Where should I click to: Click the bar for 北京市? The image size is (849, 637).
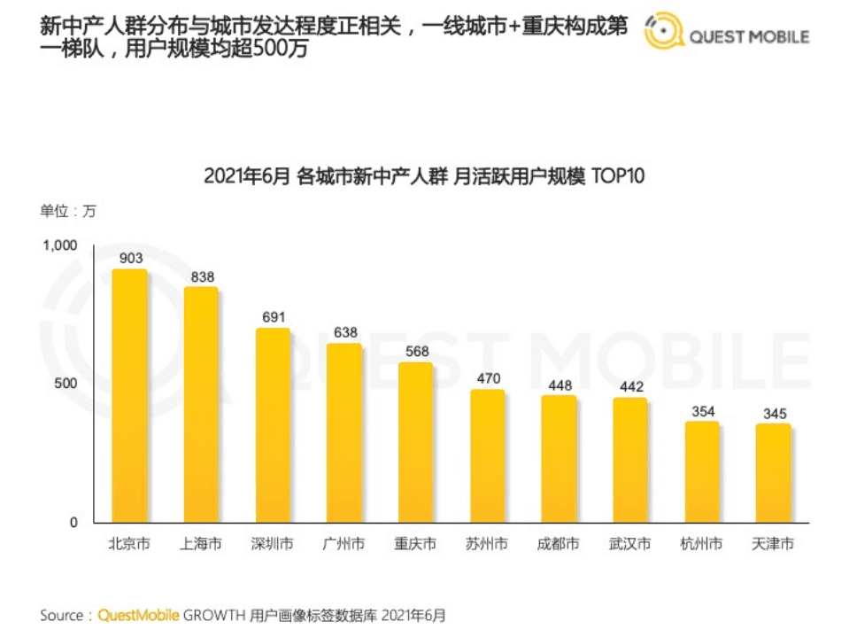click(x=129, y=396)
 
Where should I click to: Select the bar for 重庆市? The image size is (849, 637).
click(x=415, y=442)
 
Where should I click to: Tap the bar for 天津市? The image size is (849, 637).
click(x=773, y=473)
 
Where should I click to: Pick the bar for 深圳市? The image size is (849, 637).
click(x=273, y=425)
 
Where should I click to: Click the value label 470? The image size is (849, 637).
click(x=487, y=378)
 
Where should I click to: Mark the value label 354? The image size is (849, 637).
click(x=702, y=411)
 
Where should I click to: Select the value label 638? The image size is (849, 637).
click(x=344, y=332)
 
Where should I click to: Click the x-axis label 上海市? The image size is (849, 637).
click(x=201, y=544)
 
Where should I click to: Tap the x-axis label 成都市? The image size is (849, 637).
click(x=559, y=544)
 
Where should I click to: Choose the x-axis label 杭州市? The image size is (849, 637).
click(x=701, y=544)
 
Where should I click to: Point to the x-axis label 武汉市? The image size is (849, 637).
click(x=630, y=544)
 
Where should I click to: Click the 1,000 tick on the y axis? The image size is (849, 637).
click(x=61, y=245)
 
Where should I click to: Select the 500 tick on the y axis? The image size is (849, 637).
click(x=67, y=384)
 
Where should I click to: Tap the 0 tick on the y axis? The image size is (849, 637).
click(x=74, y=523)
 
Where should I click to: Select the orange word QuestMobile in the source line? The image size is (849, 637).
click(x=139, y=615)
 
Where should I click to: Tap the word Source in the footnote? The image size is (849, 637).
click(x=61, y=615)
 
